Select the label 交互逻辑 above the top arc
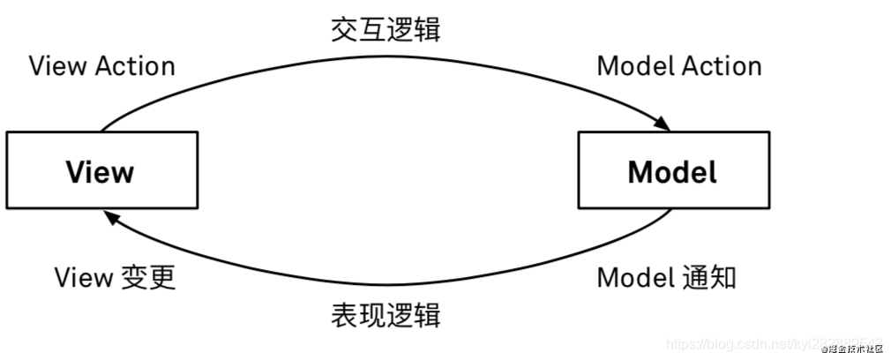click(385, 30)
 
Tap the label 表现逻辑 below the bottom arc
click(385, 313)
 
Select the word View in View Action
click(55, 66)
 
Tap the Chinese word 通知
click(708, 278)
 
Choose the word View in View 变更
click(82, 278)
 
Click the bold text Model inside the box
click(672, 171)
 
